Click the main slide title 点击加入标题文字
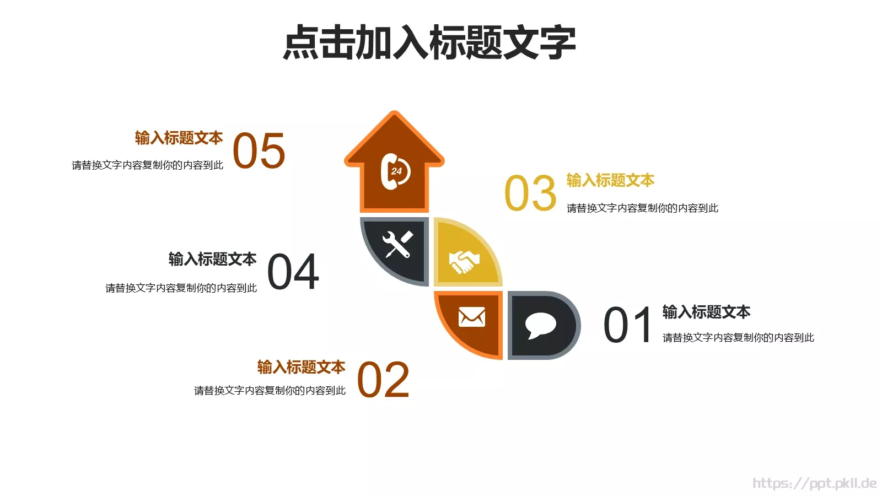click(429, 42)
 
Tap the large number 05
click(259, 151)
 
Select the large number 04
click(293, 272)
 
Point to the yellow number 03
click(530, 193)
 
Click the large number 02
click(383, 380)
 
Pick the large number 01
click(628, 326)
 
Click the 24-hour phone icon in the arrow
click(395, 171)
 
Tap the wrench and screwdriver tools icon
click(397, 245)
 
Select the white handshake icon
click(464, 262)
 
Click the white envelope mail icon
click(472, 317)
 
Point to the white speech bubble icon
click(540, 325)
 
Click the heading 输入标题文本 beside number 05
click(179, 138)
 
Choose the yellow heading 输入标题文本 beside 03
click(610, 180)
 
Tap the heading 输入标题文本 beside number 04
click(212, 259)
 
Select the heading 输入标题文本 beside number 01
click(706, 312)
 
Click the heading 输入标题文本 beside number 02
click(301, 367)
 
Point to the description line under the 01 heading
click(738, 338)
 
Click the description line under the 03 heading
click(642, 208)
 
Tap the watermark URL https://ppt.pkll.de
click(814, 483)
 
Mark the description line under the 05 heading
click(147, 165)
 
